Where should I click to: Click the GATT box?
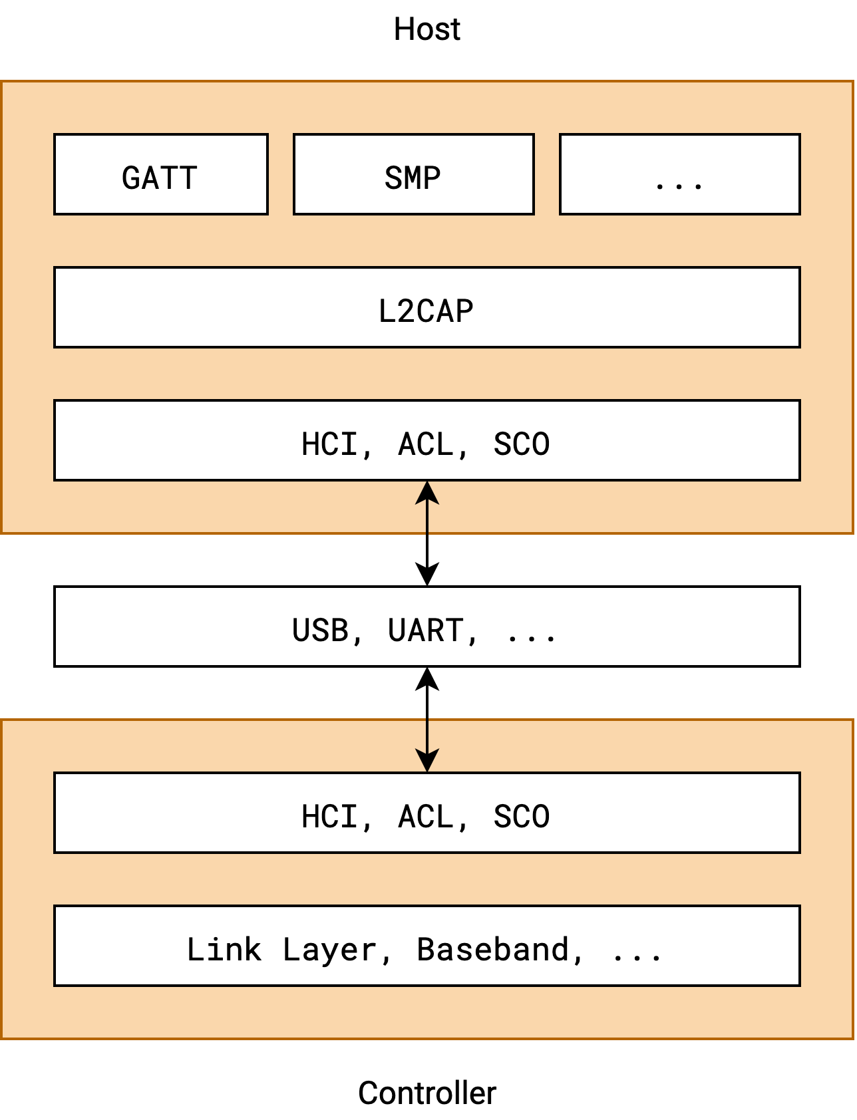coord(160,174)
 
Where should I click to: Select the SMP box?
coord(413,174)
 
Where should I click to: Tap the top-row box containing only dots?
coord(679,174)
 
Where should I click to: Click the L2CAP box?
coord(427,308)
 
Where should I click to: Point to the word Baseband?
coord(493,949)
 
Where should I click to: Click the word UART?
coord(425,630)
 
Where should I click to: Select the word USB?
coord(320,630)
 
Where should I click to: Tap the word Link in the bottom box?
coord(224,949)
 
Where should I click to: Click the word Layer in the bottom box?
coord(329,949)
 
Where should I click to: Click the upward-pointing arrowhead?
coord(427,493)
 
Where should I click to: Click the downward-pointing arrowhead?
coord(427,760)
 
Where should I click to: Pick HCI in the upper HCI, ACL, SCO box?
coord(329,444)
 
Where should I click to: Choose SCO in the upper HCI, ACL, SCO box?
coord(522,444)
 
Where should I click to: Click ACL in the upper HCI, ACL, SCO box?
coord(426,444)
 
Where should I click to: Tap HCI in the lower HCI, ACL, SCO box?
coord(329,817)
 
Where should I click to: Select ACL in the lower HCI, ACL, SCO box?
coord(426,817)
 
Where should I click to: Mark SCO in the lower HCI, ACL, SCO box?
coord(522,817)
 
